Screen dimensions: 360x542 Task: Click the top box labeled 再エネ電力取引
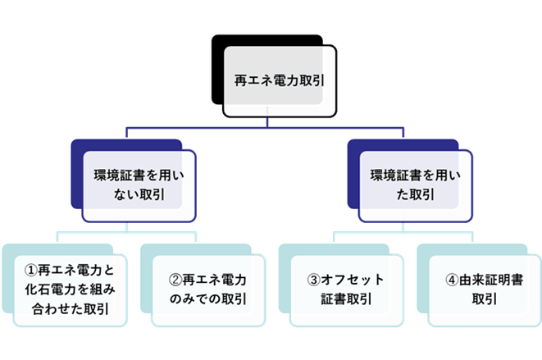279,82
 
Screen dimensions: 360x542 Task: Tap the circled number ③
312,279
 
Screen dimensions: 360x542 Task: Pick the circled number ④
451,279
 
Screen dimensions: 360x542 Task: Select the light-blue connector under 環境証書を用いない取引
126,230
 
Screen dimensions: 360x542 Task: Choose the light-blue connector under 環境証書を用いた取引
402,230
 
